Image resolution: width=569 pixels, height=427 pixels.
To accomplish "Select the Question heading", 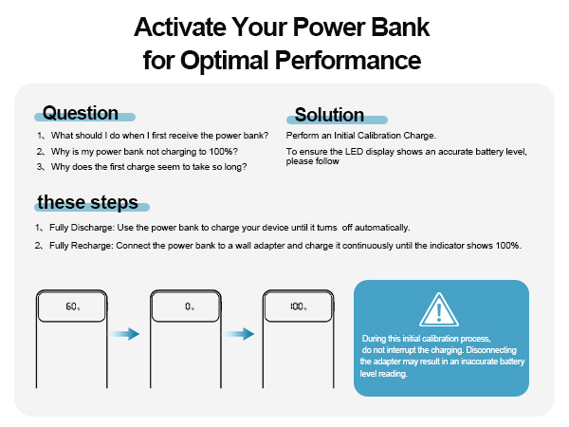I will click(81, 114).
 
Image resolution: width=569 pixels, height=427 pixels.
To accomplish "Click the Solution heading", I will click(329, 115).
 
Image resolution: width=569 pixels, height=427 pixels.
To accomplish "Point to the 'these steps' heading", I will click(87, 202).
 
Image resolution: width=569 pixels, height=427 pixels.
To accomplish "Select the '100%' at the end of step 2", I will click(508, 246).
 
